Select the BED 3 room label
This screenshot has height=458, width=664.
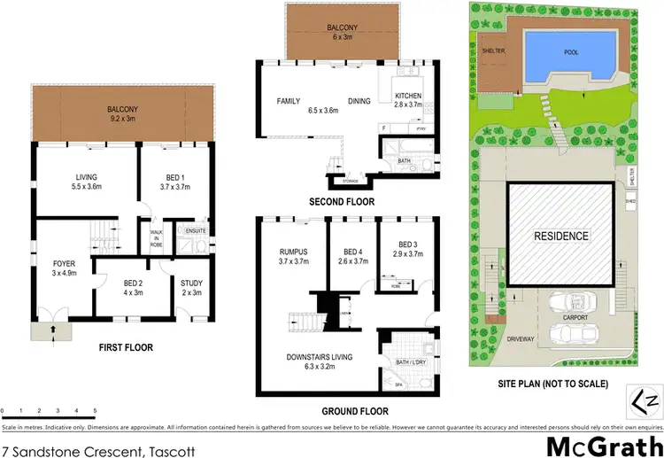click(406, 249)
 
